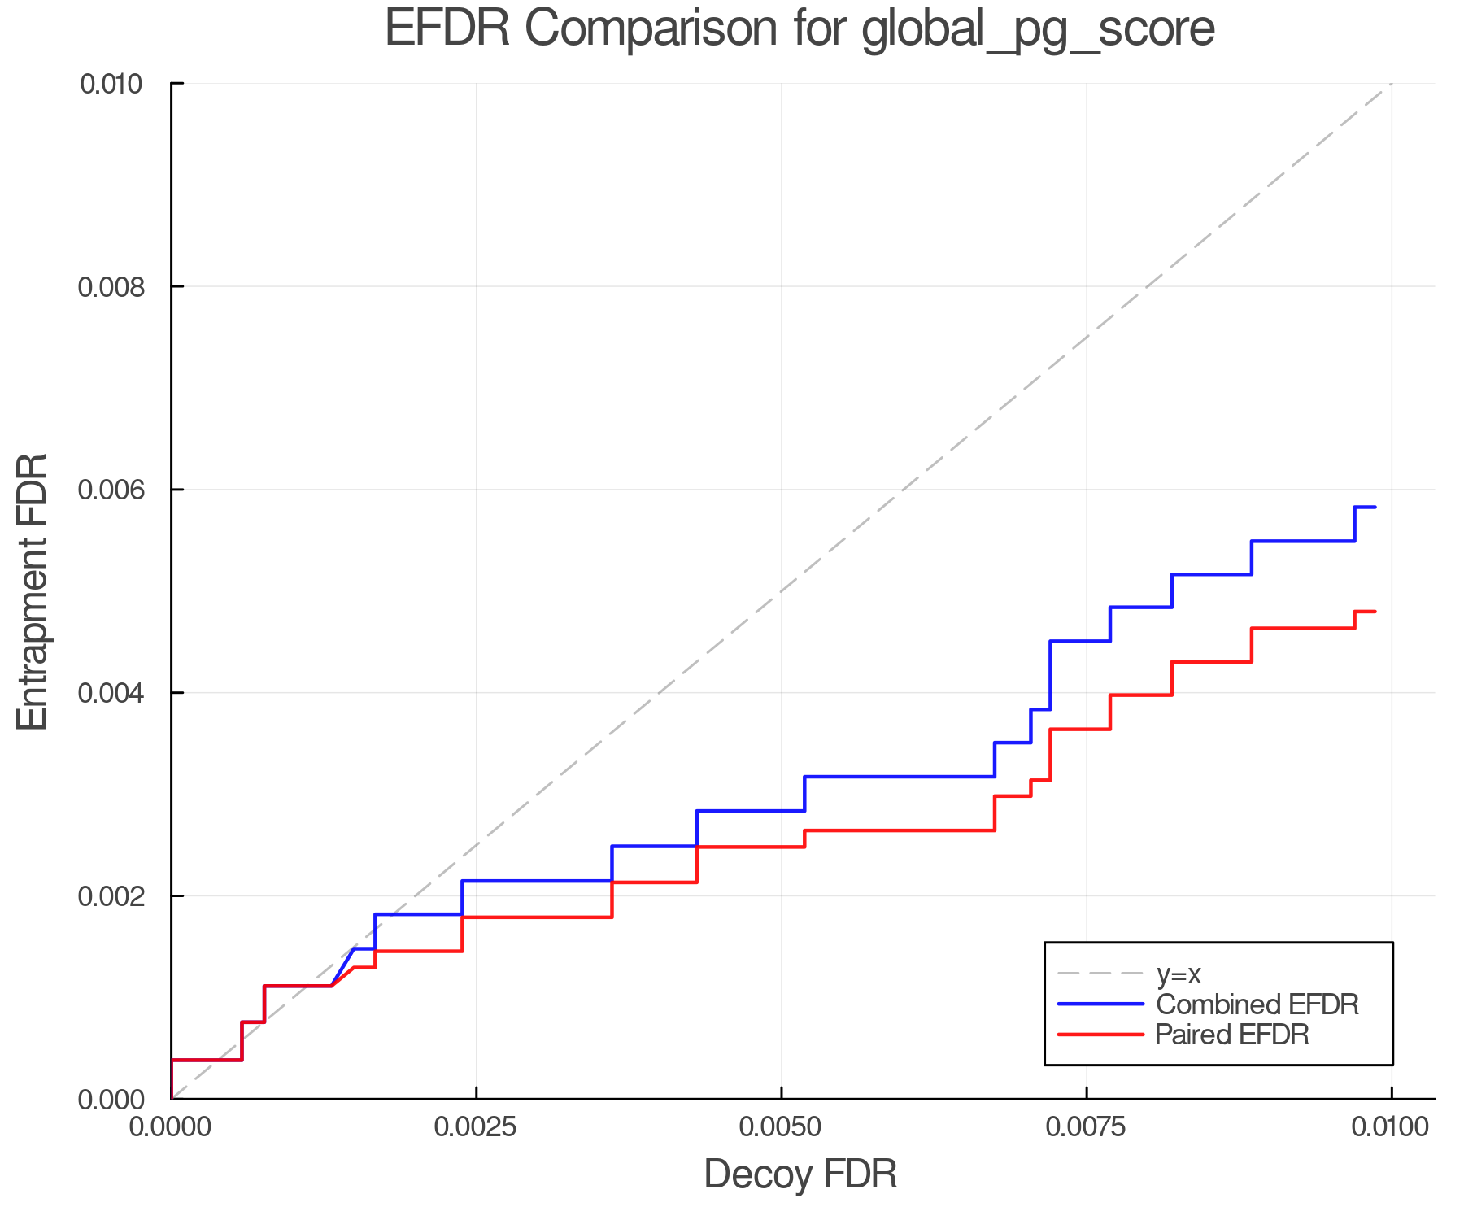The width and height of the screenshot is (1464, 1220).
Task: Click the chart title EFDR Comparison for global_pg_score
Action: point(800,28)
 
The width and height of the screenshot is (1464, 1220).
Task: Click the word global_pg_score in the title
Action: point(1037,30)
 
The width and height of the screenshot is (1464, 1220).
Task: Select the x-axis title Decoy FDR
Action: point(800,1174)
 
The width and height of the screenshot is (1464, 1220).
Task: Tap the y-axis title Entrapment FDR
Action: point(33,591)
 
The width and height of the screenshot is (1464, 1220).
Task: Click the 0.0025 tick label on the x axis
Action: point(476,1127)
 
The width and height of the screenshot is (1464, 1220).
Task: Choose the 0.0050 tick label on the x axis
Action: point(781,1127)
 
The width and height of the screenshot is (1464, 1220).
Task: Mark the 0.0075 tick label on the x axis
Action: point(1087,1127)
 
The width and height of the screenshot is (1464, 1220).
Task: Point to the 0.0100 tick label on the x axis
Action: point(1391,1127)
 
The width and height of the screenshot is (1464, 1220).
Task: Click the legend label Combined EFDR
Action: point(1257,1004)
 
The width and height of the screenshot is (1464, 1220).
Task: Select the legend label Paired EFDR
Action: point(1232,1035)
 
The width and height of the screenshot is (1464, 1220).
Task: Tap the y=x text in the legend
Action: point(1179,974)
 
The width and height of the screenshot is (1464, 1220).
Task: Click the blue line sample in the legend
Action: point(1100,1004)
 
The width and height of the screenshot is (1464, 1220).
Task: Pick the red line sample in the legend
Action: point(1100,1034)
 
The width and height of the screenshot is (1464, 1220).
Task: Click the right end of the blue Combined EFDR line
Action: point(1374,507)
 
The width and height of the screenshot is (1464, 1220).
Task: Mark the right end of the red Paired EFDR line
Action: point(1374,611)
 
